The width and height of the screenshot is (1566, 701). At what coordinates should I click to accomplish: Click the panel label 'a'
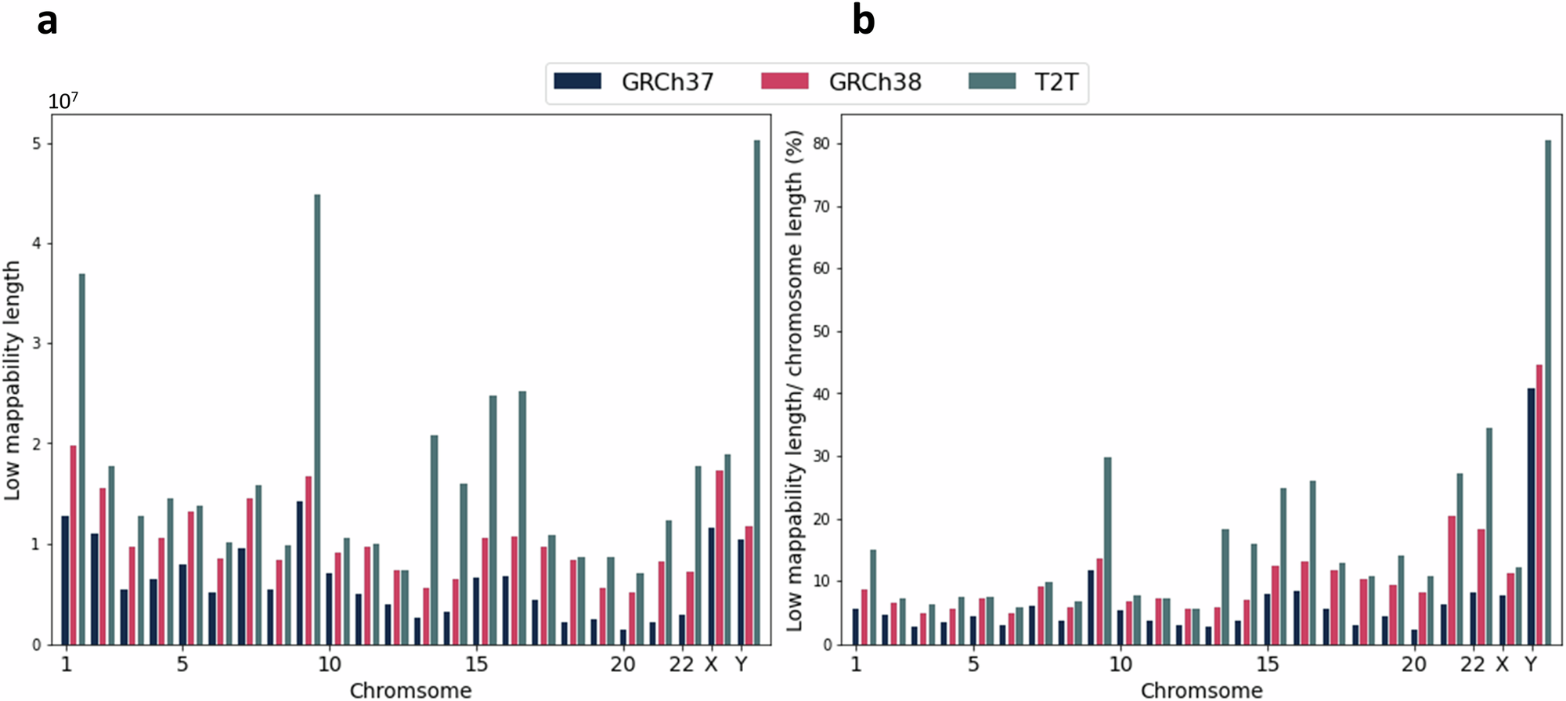47,21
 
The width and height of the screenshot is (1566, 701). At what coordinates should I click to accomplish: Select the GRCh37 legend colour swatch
577,81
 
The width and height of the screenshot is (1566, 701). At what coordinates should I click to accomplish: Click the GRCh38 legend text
875,82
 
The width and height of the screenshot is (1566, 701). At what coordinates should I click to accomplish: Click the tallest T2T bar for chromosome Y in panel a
756,392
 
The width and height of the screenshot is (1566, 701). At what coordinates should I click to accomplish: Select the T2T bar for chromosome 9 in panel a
317,419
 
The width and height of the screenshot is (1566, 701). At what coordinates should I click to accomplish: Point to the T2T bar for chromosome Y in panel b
1548,392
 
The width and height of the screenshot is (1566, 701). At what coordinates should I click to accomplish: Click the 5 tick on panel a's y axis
37,144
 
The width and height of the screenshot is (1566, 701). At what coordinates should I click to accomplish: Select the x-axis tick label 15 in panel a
476,664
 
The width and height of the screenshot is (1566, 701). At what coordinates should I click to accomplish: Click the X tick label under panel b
1502,664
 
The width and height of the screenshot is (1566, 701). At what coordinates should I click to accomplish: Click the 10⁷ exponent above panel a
63,101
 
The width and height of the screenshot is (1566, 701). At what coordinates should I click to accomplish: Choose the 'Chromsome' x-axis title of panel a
410,690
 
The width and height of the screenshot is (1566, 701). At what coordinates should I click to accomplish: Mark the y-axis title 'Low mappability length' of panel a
12,381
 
